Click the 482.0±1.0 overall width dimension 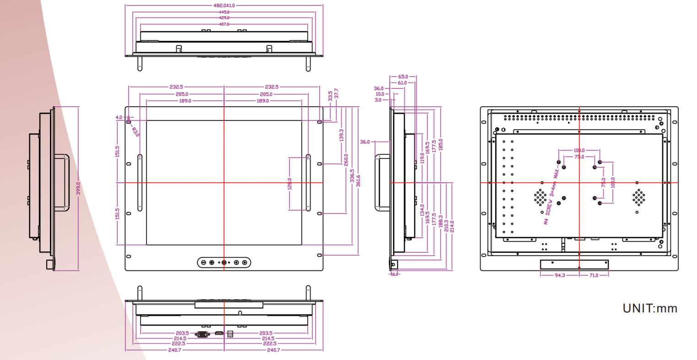(224, 5)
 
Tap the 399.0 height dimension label (78, 188)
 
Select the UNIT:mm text (649, 308)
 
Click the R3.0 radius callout (135, 132)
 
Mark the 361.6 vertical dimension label (358, 181)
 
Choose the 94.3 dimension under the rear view (560, 275)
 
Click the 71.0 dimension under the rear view (594, 275)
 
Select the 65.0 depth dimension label (403, 77)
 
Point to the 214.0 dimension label (452, 226)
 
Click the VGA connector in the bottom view (202, 334)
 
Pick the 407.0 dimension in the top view (224, 24)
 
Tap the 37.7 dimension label (337, 94)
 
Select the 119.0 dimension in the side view (422, 158)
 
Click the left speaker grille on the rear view (540, 197)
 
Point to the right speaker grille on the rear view (638, 197)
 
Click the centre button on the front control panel (224, 262)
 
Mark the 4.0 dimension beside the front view (119, 118)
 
